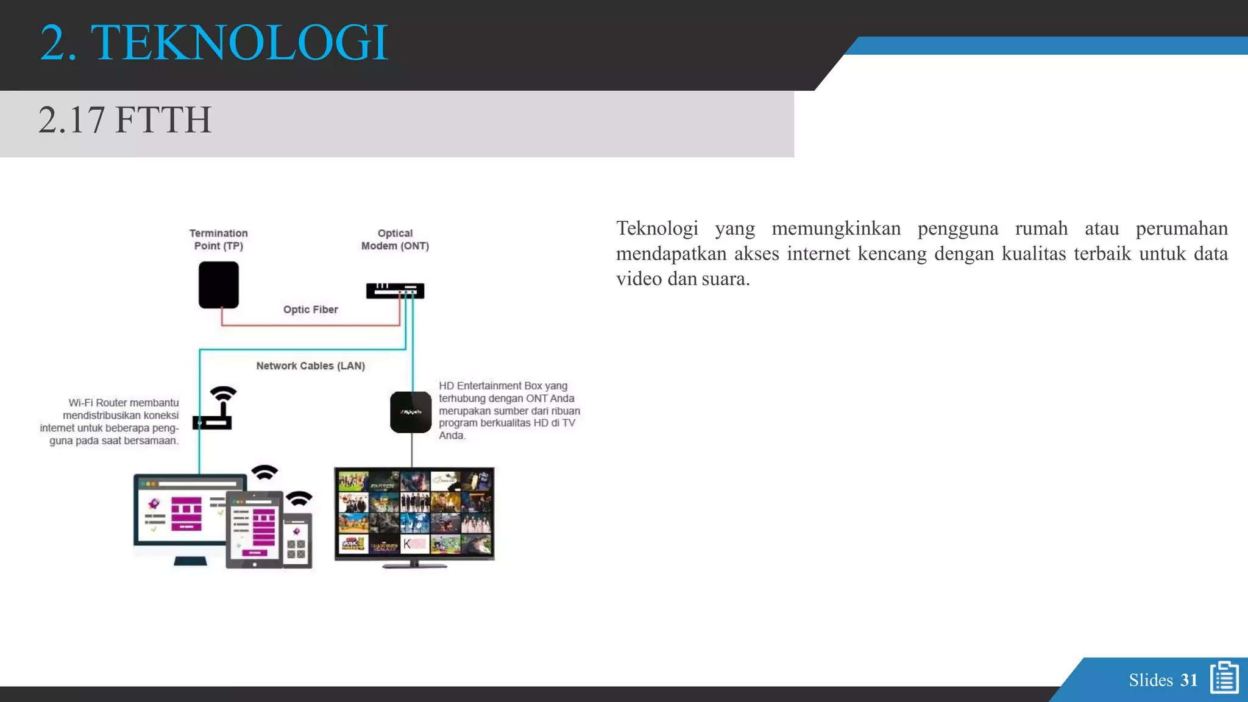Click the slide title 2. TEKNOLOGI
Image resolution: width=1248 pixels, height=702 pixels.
[213, 43]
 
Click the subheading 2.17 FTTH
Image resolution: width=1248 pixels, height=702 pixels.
[125, 119]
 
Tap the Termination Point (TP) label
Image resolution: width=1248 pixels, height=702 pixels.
[218, 239]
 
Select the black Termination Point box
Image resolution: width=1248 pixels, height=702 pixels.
[218, 285]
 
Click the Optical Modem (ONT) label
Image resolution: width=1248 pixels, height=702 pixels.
[395, 239]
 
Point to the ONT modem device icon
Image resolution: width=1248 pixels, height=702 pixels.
[394, 291]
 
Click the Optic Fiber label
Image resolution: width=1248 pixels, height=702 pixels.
[310, 310]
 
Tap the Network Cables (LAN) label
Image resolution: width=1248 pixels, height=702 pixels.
[310, 366]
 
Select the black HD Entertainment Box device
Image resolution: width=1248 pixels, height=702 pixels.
[411, 413]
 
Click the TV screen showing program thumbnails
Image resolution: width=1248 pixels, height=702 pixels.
[414, 512]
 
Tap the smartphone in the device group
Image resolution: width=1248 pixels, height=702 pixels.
[297, 540]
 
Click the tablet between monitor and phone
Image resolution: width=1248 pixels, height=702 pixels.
[254, 529]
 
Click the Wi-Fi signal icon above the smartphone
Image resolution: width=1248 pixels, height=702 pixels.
[299, 498]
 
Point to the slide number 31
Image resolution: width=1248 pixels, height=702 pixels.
[1189, 680]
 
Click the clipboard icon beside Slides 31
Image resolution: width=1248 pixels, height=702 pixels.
[1224, 678]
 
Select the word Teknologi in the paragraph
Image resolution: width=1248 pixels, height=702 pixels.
[657, 229]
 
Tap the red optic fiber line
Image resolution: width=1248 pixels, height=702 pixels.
[305, 325]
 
